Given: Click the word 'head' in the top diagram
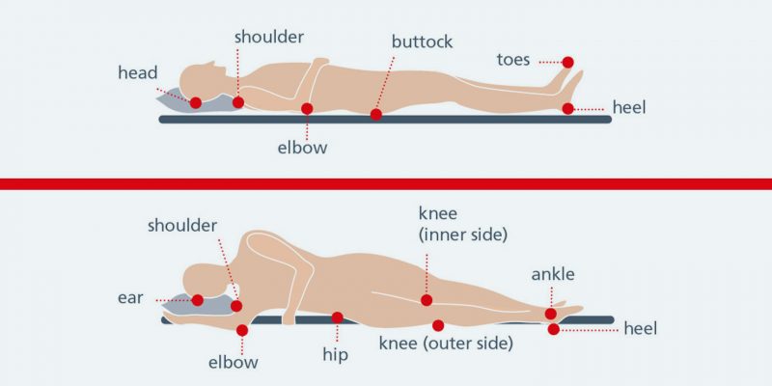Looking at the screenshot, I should [137, 73].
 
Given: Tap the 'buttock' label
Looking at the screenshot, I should [422, 41].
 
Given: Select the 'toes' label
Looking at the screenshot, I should [513, 59].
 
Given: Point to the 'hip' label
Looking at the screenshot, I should [335, 354].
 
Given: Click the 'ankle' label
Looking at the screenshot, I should [553, 274].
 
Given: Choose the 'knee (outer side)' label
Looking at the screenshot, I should [445, 343].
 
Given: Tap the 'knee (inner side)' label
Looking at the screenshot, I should [462, 222].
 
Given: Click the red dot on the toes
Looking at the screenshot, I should [568, 62].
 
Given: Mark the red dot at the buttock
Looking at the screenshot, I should [376, 115].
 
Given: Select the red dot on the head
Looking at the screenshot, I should [196, 102].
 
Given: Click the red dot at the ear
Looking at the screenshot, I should [198, 300].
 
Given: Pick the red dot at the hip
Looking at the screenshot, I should [338, 317].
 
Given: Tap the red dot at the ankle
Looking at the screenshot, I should [550, 314].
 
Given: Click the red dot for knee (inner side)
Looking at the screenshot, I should [427, 300].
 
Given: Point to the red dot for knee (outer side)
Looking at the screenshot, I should [439, 325].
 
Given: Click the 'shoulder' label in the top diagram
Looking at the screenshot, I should [269, 37].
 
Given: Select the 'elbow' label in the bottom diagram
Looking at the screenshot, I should [234, 363].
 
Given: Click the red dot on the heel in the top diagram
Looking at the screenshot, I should [568, 109].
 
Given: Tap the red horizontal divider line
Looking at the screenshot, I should [386, 183].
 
